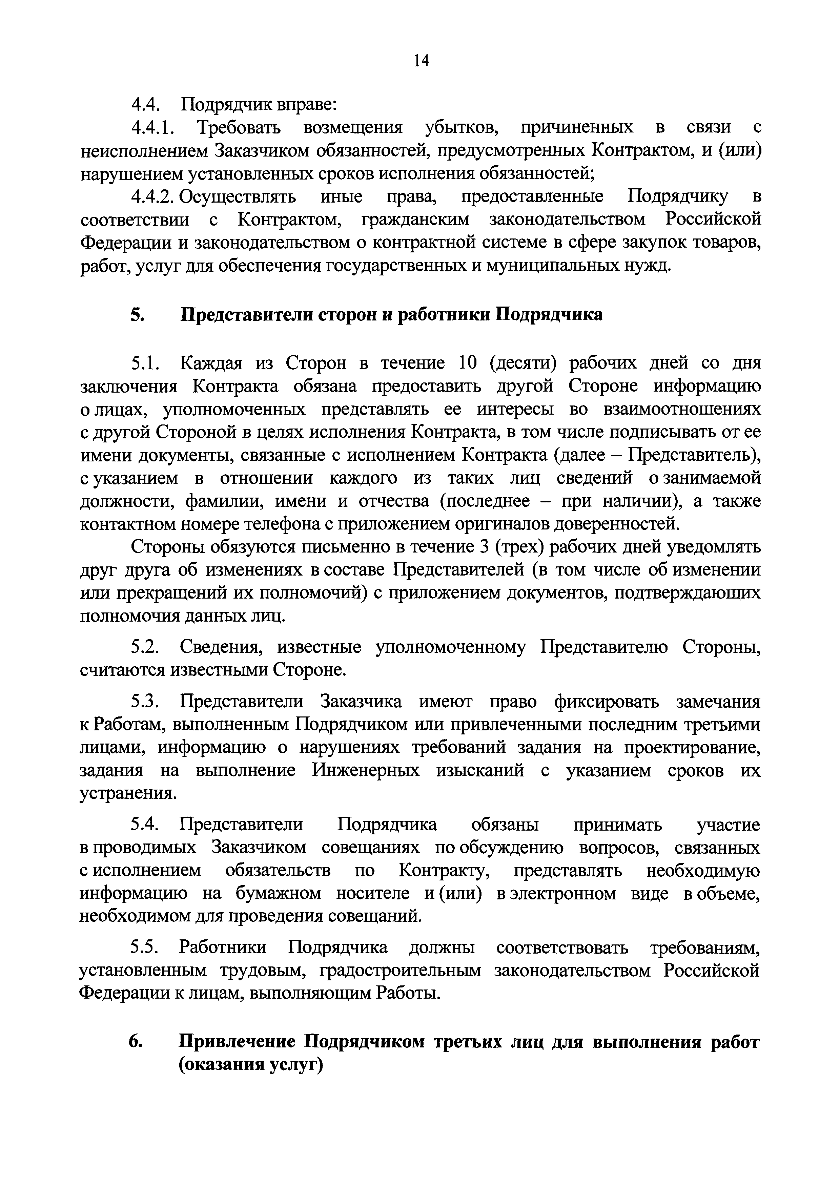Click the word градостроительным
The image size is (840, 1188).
pyautogui.click(x=400, y=971)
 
